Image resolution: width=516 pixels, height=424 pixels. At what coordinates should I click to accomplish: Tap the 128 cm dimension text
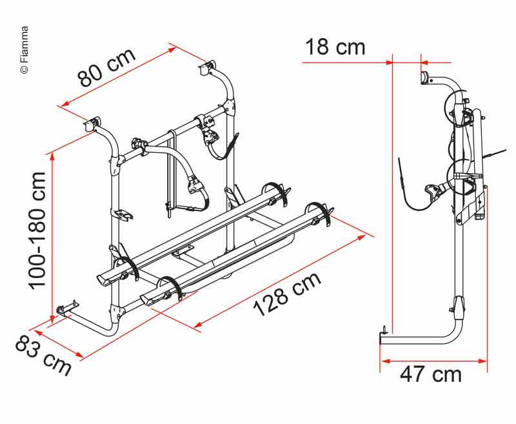click(287, 294)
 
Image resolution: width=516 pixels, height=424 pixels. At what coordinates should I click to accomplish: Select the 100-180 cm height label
click(37, 231)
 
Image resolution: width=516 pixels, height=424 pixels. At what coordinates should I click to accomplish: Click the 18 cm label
click(335, 46)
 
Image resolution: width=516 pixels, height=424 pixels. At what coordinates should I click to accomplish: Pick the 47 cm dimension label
click(431, 374)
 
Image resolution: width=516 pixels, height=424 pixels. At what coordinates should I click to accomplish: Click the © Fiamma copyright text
click(25, 50)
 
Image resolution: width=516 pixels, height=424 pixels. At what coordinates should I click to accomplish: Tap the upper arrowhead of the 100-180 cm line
click(52, 158)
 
